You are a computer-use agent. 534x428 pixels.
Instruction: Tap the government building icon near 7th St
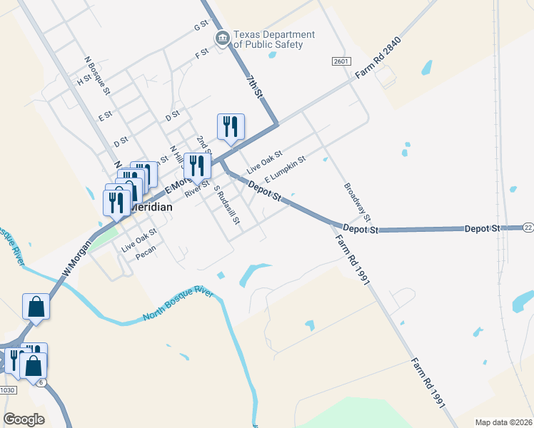pos(222,38)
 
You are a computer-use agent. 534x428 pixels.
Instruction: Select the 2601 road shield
pos(341,62)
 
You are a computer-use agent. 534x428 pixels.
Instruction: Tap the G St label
pos(201,26)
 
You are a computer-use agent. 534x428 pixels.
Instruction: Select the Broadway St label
pos(358,201)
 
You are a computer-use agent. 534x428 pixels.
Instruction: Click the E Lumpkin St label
pos(285,169)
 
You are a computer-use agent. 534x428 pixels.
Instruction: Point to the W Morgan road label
pos(78,259)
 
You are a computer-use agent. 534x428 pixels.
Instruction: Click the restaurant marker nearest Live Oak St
pos(231,127)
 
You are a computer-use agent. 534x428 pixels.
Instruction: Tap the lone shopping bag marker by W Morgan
pos(36,307)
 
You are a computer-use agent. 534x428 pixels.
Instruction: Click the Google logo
pos(24,419)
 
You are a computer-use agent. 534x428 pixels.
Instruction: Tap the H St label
pos(84,81)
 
